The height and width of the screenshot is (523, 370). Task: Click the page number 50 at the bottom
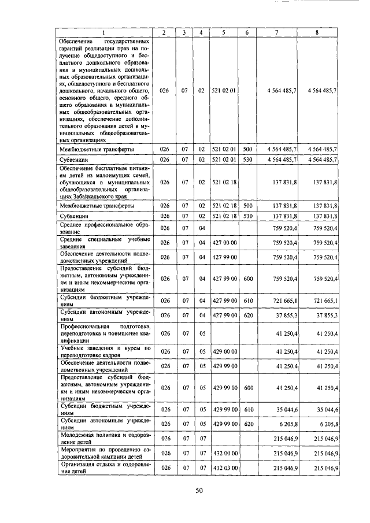tap(199, 491)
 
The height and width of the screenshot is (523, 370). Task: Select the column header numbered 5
tap(223, 33)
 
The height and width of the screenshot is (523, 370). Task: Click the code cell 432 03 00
tap(223, 467)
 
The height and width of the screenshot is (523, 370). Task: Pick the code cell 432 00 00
tap(223, 453)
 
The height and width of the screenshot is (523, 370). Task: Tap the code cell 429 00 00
tap(223, 351)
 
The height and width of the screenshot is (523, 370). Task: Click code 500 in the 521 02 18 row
tap(247, 205)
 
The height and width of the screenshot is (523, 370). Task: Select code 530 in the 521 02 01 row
tap(247, 159)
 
